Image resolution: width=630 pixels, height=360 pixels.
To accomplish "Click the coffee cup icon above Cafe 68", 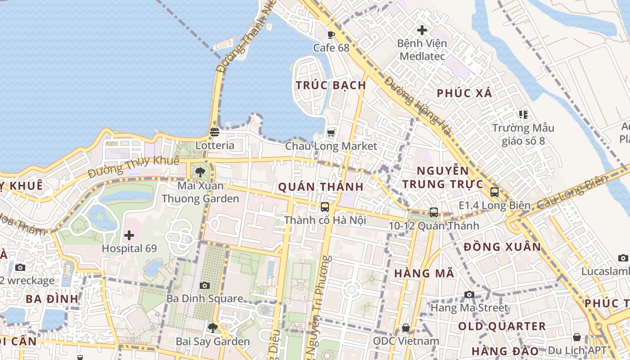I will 332,35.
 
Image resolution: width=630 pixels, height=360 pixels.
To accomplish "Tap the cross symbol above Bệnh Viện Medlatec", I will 422,30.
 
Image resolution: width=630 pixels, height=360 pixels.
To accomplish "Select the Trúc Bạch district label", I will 331,85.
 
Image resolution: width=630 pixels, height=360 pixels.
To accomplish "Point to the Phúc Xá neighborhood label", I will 465,93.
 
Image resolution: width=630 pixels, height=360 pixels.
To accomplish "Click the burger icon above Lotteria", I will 215,132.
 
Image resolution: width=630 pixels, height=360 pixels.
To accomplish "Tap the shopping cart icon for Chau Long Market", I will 332,133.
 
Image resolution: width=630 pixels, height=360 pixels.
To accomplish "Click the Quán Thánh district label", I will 321,187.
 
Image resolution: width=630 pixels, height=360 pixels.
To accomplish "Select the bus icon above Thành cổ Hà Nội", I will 325,207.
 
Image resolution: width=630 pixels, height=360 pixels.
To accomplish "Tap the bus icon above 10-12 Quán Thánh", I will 434,212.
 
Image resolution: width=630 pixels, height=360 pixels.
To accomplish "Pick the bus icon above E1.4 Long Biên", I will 495,192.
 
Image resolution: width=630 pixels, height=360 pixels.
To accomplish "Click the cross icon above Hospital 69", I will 129,235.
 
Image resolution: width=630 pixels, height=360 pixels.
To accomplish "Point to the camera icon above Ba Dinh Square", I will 204,285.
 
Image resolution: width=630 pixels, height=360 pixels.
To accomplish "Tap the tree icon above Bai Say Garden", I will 212,328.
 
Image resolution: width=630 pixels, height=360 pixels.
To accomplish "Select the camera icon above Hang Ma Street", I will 469,294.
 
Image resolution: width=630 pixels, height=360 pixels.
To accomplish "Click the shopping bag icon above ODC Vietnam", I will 406,328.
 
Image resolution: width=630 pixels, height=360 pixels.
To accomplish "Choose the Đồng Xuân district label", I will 502,247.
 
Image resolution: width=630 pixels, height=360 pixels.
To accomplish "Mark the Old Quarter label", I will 502,326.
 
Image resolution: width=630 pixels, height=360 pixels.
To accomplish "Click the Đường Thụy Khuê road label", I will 134,166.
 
